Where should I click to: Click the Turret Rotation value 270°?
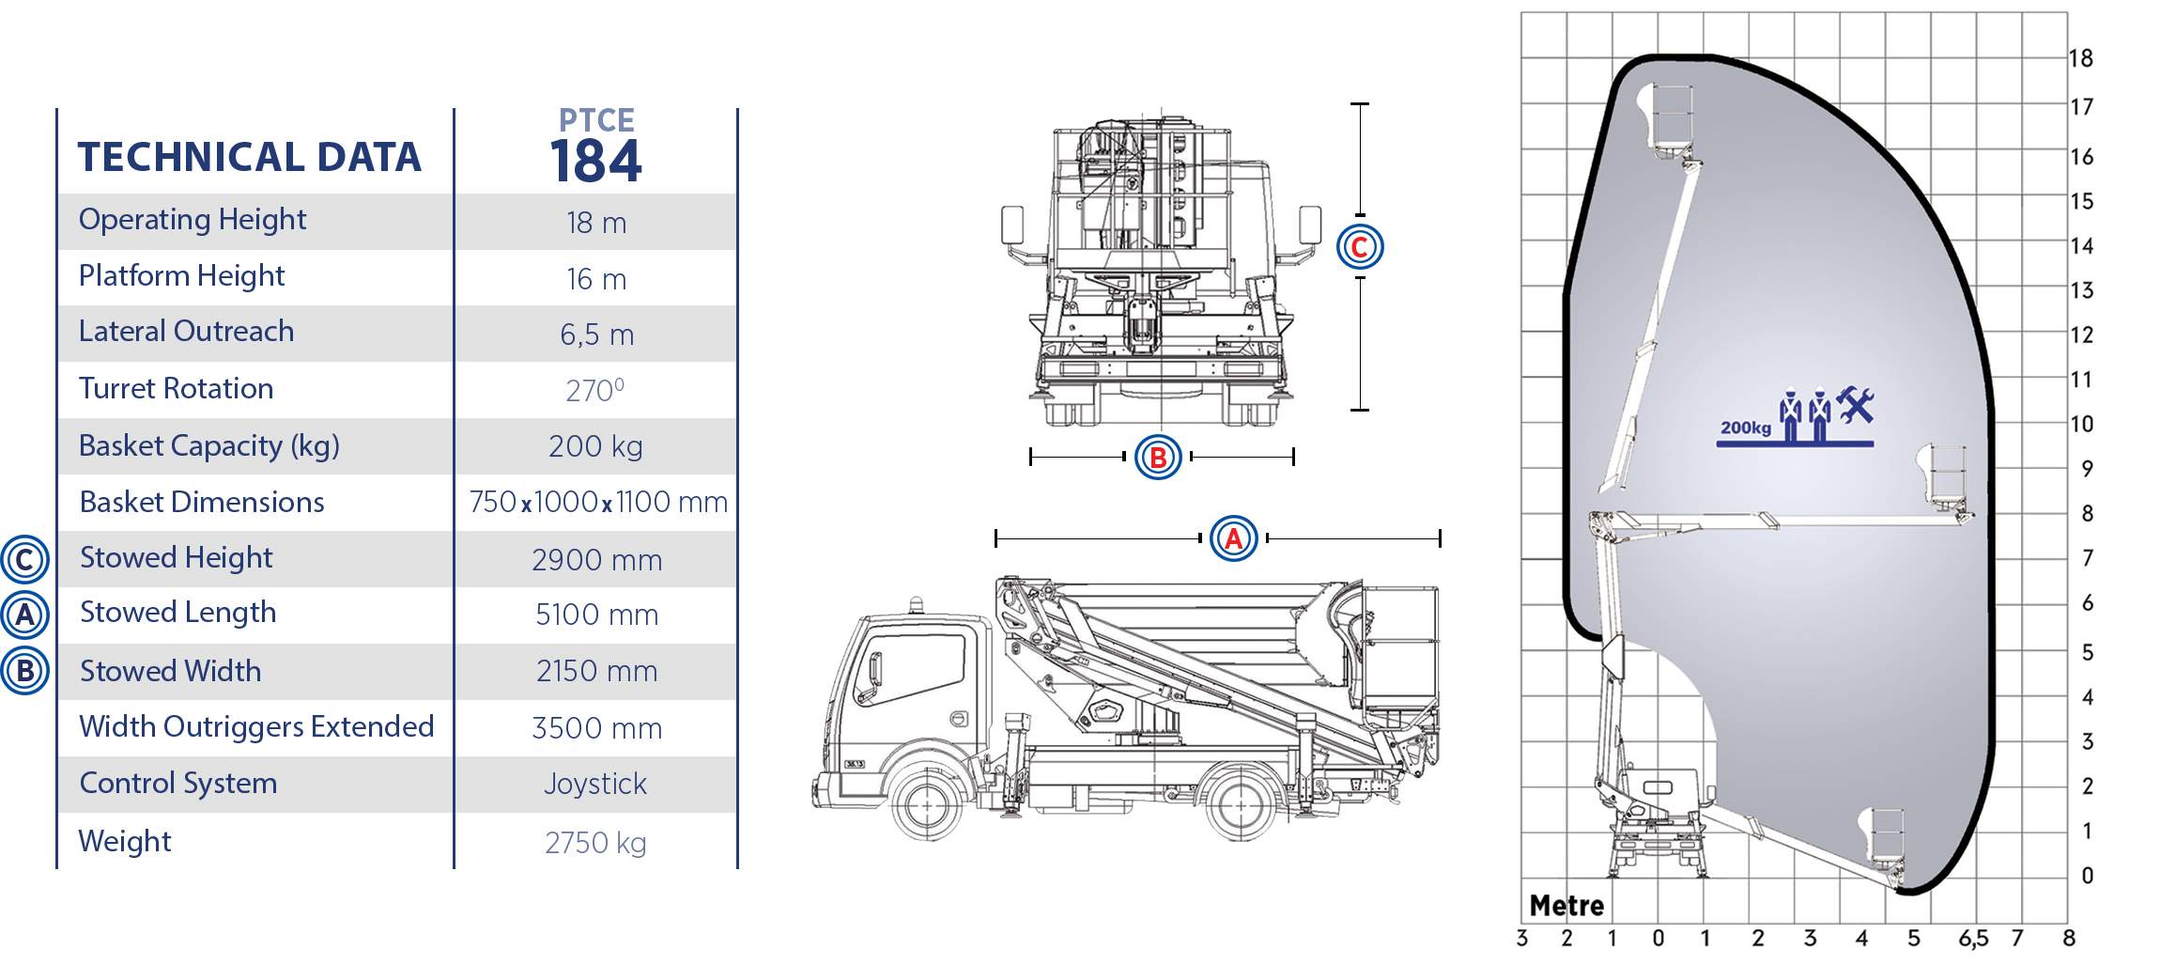(595, 390)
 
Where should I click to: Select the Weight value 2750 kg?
(595, 843)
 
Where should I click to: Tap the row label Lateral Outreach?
(186, 331)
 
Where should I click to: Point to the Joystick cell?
(595, 784)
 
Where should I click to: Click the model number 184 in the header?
(596, 161)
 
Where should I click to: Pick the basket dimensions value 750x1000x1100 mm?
(598, 502)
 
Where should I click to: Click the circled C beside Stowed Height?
(24, 560)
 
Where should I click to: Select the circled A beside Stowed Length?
(24, 615)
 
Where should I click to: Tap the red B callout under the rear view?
(1158, 457)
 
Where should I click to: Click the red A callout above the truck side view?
(1234, 538)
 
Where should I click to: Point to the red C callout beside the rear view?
(1360, 247)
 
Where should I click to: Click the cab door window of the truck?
(912, 668)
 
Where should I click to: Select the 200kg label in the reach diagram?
(1746, 428)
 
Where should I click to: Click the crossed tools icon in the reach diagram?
(1855, 405)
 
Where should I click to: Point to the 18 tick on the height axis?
(2081, 58)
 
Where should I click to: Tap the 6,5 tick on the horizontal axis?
(1973, 939)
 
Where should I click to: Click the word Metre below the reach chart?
(1566, 906)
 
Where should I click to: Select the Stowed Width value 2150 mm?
(596, 671)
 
